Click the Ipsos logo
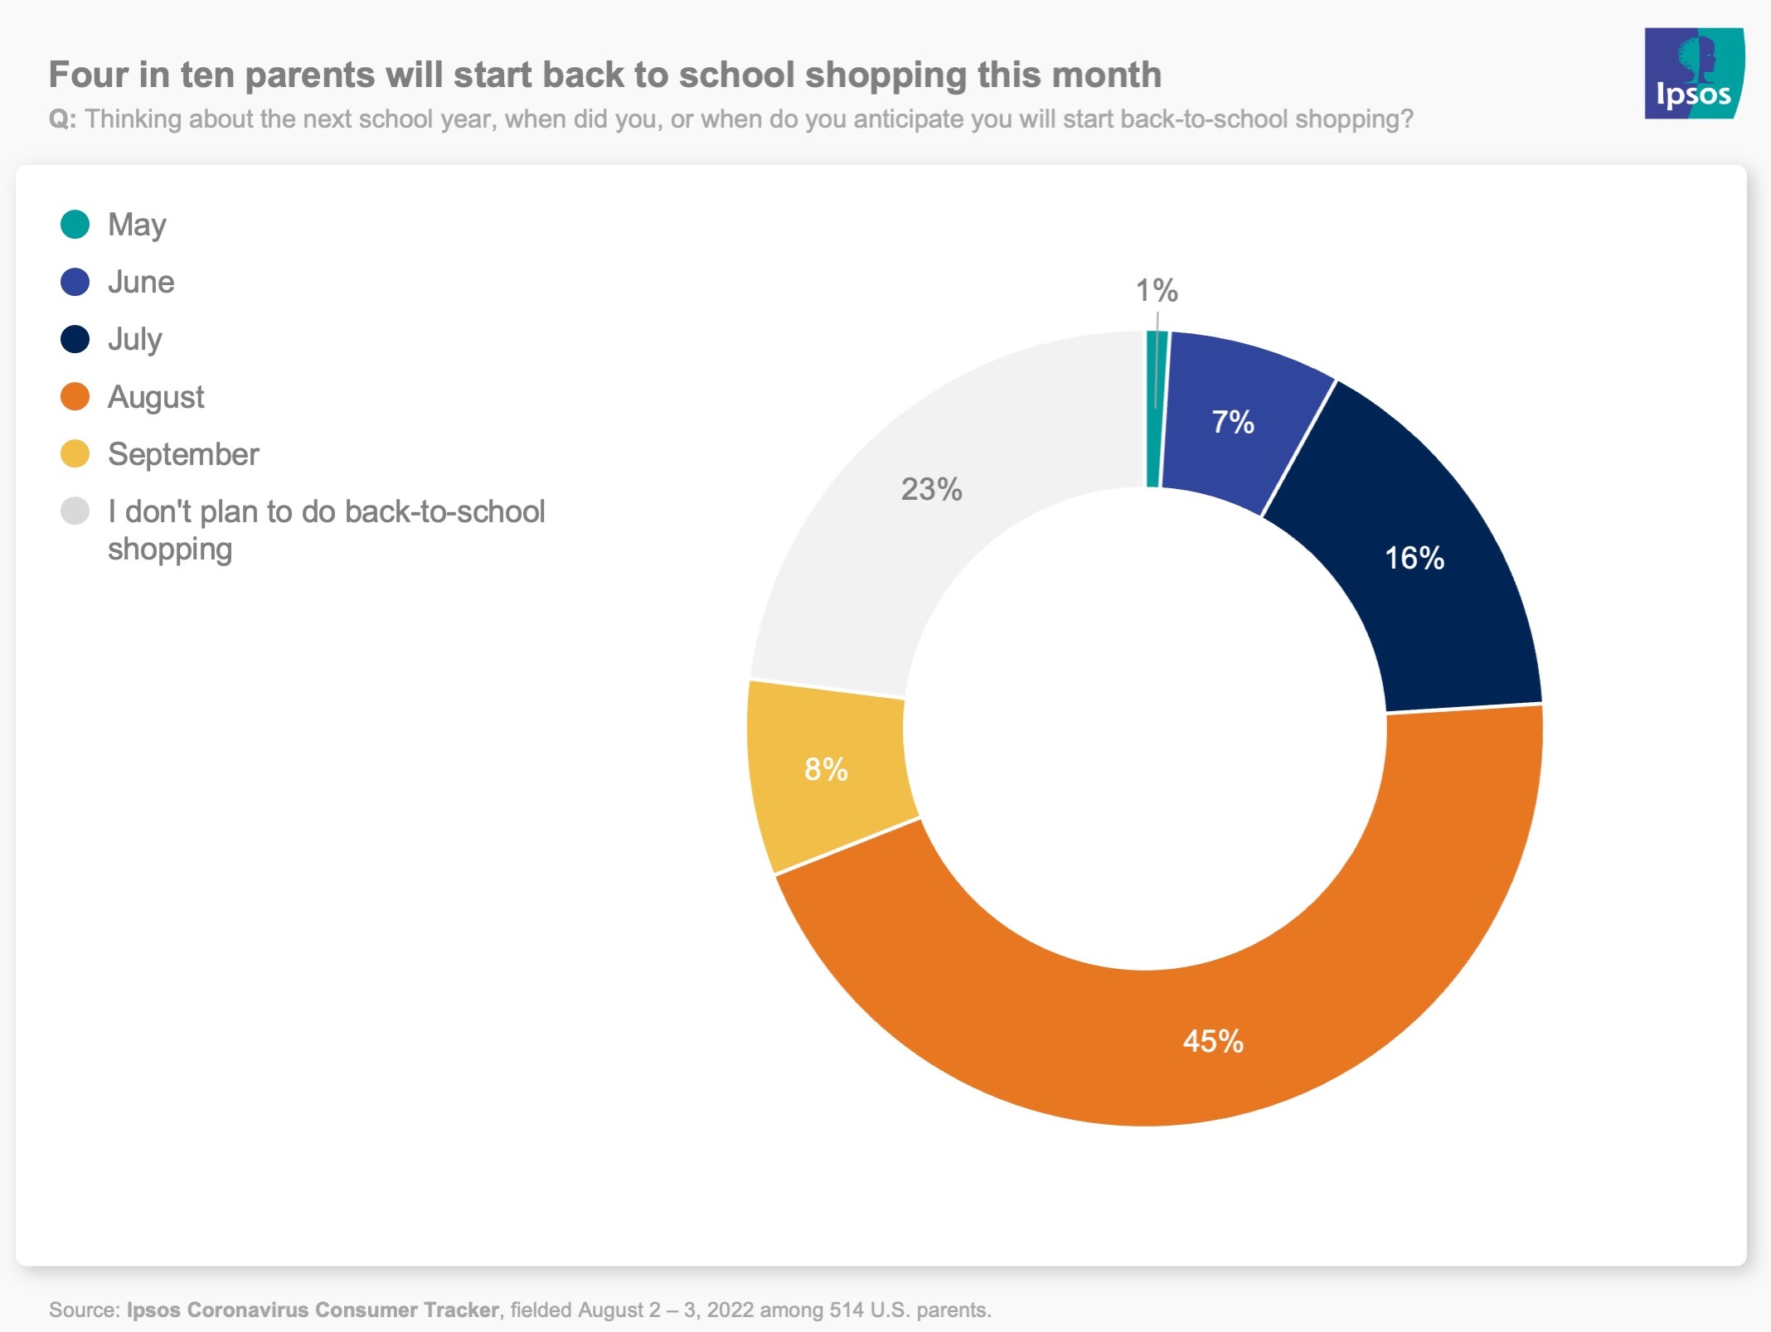1693,74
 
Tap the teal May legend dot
75,225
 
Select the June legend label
141,282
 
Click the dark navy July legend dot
75,339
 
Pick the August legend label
156,397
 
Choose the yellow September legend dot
75,454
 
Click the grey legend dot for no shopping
75,511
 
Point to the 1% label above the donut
1156,291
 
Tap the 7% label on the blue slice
1233,423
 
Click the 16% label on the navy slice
1414,559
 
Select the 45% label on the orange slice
1213,1042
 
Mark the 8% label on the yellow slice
826,770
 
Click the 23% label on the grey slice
931,490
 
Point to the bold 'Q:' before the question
62,119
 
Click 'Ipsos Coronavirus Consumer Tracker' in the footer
313,1310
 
